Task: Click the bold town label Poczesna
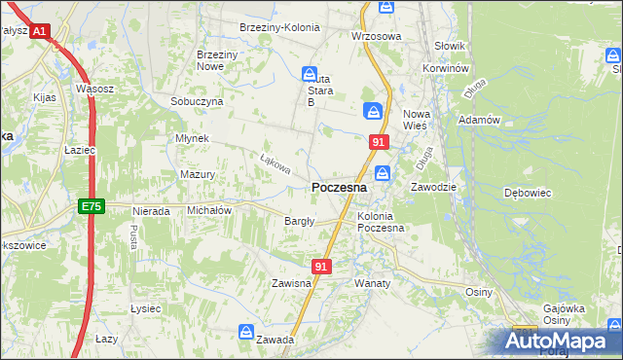click(339, 187)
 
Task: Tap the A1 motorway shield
click(39, 32)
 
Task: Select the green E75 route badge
click(91, 206)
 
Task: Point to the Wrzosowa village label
click(376, 36)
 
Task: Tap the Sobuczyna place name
click(197, 101)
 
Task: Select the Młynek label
click(193, 138)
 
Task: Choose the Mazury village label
click(198, 175)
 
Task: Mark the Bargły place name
click(299, 221)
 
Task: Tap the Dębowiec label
click(528, 193)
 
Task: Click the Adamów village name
click(479, 120)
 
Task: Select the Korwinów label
click(447, 70)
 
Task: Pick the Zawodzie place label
click(433, 186)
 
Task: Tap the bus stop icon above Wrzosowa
click(386, 7)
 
